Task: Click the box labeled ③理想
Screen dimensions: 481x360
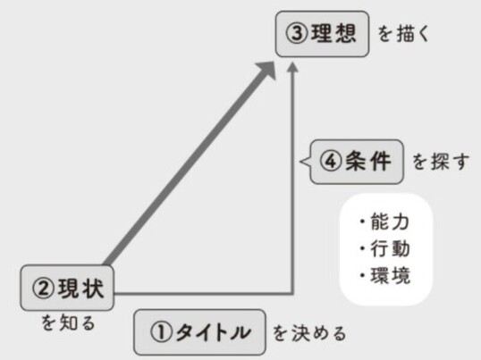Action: (322, 34)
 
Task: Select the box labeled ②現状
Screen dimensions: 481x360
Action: (67, 288)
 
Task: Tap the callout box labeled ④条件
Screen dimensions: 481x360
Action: (357, 162)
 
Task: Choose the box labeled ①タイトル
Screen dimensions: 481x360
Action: (199, 332)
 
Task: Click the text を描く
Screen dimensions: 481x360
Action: (403, 34)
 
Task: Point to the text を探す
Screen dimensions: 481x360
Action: (441, 162)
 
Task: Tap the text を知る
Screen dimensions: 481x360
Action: (68, 322)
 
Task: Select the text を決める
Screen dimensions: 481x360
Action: (310, 333)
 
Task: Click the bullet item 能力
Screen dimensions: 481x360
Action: (385, 222)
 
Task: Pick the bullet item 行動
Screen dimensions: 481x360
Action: (385, 248)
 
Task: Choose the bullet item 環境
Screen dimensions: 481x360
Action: (385, 275)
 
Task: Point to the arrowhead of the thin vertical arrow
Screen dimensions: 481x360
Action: (293, 67)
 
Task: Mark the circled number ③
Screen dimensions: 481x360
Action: (297, 34)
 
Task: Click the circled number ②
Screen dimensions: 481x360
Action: (43, 289)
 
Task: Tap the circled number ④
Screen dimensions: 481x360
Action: (332, 162)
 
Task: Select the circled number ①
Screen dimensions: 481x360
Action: (161, 333)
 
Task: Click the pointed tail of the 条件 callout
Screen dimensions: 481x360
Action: (301, 162)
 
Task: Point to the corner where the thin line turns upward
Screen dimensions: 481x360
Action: (293, 294)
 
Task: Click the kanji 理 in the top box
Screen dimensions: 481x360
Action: (322, 34)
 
